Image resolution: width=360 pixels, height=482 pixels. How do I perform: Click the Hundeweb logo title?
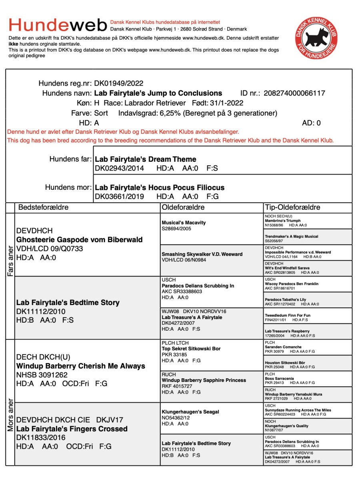click(x=58, y=25)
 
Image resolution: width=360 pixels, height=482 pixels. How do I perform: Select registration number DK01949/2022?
click(x=118, y=84)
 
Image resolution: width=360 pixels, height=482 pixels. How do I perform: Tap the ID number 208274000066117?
click(x=294, y=93)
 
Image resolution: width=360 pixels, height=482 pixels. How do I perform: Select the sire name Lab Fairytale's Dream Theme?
click(x=146, y=159)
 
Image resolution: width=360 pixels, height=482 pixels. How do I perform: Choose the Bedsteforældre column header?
click(x=44, y=207)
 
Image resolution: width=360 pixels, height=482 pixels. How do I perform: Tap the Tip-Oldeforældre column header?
click(x=292, y=207)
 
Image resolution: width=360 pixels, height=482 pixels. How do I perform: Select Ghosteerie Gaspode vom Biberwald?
click(x=79, y=240)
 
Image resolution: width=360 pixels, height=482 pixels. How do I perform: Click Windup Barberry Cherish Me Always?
click(x=81, y=366)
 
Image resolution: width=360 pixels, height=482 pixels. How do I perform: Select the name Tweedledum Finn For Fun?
click(x=287, y=315)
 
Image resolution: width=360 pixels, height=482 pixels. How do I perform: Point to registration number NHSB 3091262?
click(x=42, y=375)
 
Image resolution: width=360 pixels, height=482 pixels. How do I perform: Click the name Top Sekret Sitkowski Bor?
click(x=191, y=349)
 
